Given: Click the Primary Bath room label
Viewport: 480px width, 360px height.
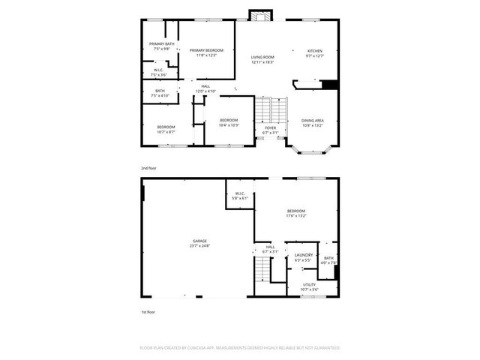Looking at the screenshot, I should (x=162, y=46).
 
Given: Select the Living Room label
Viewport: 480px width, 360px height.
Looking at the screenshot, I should (x=262, y=59).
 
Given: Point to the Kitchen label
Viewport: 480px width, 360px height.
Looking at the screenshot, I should (x=313, y=53).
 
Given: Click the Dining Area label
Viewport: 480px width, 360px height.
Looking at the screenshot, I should (x=313, y=122).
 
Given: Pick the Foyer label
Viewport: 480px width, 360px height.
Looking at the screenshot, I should (x=270, y=130).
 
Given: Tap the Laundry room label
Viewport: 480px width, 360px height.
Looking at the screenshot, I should (x=304, y=257).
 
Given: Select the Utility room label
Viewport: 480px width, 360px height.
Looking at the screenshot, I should (x=310, y=287).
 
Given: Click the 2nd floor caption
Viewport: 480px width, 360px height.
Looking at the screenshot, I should (x=149, y=168).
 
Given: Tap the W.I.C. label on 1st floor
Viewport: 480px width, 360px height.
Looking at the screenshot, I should (x=239, y=197).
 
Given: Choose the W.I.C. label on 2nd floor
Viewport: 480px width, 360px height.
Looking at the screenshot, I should (x=159, y=73).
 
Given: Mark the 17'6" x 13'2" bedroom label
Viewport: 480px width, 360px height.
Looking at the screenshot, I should (x=296, y=214).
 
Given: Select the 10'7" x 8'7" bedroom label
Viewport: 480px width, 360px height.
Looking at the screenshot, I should (x=166, y=129).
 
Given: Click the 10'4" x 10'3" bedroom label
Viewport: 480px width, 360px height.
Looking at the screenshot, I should (x=229, y=122).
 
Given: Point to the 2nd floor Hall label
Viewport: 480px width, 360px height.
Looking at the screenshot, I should (x=205, y=88).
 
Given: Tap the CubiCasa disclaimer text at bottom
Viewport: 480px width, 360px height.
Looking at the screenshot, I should (x=240, y=348).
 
